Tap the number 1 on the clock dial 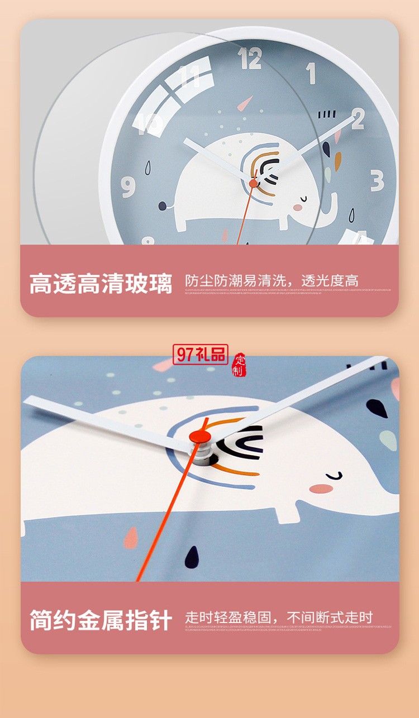click(x=311, y=74)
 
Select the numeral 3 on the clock click(x=378, y=181)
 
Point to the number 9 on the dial click(x=128, y=187)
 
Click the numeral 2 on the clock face click(x=358, y=118)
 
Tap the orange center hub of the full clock click(x=254, y=183)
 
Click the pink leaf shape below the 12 click(x=245, y=103)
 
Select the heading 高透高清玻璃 click(x=101, y=284)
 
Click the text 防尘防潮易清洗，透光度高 click(x=272, y=280)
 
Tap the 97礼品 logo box click(x=201, y=354)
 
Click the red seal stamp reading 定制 click(x=239, y=365)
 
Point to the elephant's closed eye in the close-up click(x=334, y=476)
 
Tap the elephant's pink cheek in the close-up click(x=320, y=489)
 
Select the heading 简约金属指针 click(x=101, y=620)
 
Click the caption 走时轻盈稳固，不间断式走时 click(x=279, y=617)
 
